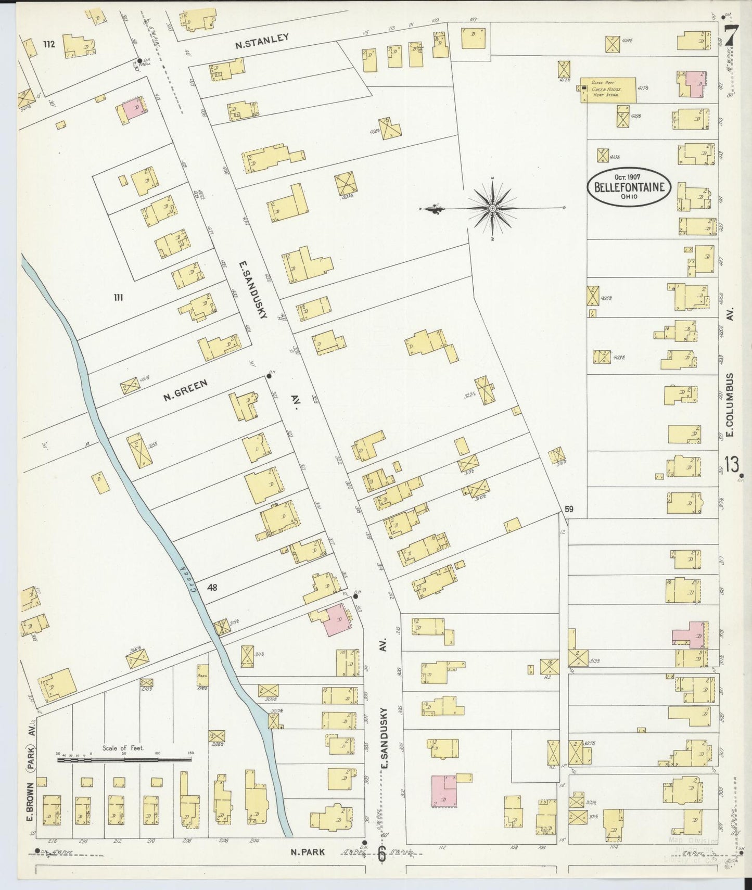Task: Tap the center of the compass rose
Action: (492, 209)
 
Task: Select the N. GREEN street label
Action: (185, 390)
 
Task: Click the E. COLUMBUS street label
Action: (730, 405)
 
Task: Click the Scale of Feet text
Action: (123, 748)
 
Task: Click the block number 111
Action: (118, 297)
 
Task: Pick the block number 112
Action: (49, 45)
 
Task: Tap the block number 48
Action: (212, 588)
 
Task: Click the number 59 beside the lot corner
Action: (569, 509)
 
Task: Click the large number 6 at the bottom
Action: (381, 854)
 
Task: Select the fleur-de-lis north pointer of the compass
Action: (432, 209)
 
